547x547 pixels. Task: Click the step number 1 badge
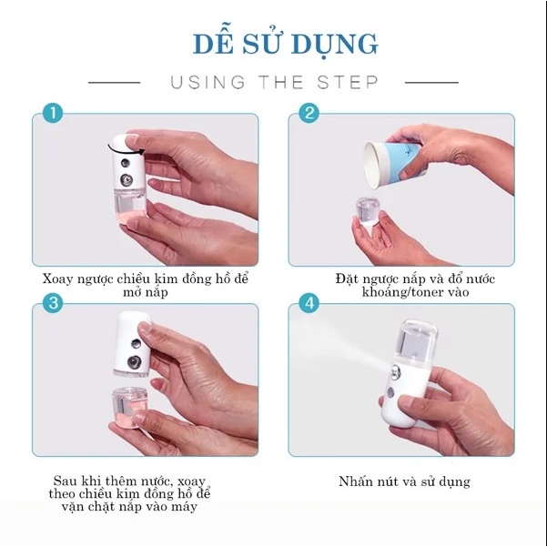tap(53, 114)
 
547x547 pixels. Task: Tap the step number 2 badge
tap(309, 114)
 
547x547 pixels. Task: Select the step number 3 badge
tap(53, 303)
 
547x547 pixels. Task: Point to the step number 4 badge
tap(309, 303)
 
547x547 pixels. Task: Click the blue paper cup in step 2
tap(391, 163)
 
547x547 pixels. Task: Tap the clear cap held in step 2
tap(368, 213)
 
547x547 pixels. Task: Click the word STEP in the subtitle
tap(348, 82)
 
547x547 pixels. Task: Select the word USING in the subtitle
tap(208, 82)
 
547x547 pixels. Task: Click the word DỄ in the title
tap(213, 44)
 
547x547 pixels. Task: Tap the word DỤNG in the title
tap(335, 45)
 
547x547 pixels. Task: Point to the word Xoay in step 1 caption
tap(57, 279)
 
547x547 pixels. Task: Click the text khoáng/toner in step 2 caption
tap(399, 292)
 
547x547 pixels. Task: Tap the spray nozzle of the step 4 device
tap(395, 373)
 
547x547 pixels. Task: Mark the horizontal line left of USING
tap(114, 83)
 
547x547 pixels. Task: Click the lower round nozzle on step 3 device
tap(134, 362)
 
